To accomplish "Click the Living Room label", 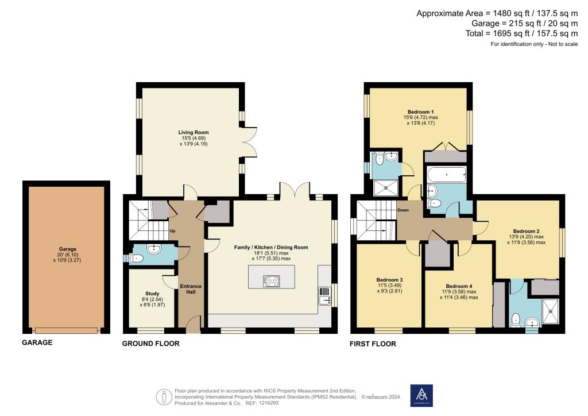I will click(x=189, y=132).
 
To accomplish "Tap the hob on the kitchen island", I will click(x=271, y=281).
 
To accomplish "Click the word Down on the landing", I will click(x=403, y=210).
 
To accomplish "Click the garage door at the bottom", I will click(x=66, y=330).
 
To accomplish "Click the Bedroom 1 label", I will click(x=420, y=111).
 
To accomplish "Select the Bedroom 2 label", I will click(x=526, y=230).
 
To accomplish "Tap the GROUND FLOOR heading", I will click(x=151, y=344).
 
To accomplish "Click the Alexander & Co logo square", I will click(x=422, y=395).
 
